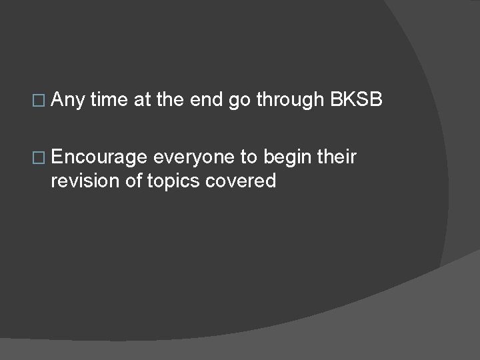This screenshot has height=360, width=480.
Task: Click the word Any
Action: (x=67, y=101)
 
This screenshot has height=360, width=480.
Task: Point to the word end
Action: (x=207, y=100)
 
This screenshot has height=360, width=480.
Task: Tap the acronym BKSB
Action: (x=356, y=100)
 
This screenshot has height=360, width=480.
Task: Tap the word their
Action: (x=337, y=157)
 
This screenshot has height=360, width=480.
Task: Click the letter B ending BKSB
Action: (x=376, y=100)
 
